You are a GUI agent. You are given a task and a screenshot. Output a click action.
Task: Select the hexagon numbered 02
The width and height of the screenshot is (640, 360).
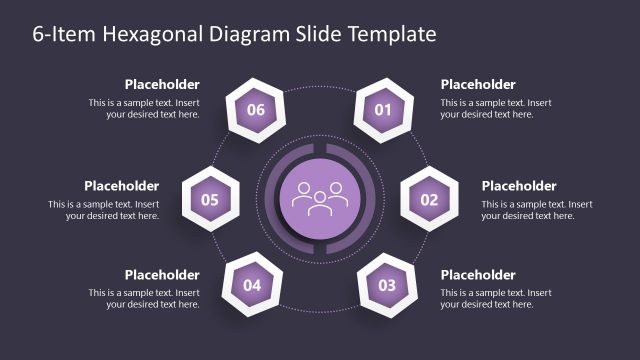click(x=429, y=200)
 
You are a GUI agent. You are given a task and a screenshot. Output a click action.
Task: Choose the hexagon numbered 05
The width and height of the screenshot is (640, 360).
click(x=210, y=200)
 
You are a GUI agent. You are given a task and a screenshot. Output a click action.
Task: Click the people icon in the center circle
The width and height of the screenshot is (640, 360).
click(x=319, y=196)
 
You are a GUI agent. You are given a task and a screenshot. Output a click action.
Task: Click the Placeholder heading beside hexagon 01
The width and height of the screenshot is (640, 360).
click(x=478, y=85)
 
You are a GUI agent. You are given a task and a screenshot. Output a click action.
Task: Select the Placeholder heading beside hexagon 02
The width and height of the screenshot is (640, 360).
click(x=519, y=186)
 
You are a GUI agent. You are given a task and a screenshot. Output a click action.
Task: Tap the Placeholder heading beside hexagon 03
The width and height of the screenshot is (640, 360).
click(x=478, y=275)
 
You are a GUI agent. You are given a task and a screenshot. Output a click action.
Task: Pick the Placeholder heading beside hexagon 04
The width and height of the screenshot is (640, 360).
click(x=162, y=275)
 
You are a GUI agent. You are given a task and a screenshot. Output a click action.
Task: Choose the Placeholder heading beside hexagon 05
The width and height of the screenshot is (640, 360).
click(x=121, y=186)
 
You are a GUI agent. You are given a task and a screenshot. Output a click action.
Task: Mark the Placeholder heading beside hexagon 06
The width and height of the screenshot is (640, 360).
click(x=162, y=85)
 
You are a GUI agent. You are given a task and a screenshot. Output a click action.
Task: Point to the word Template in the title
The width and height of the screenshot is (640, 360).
click(x=391, y=35)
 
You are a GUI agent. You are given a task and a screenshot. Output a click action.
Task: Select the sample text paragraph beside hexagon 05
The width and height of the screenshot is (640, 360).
click(x=104, y=210)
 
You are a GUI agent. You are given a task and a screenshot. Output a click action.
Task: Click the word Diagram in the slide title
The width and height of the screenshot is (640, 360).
click(x=246, y=35)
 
